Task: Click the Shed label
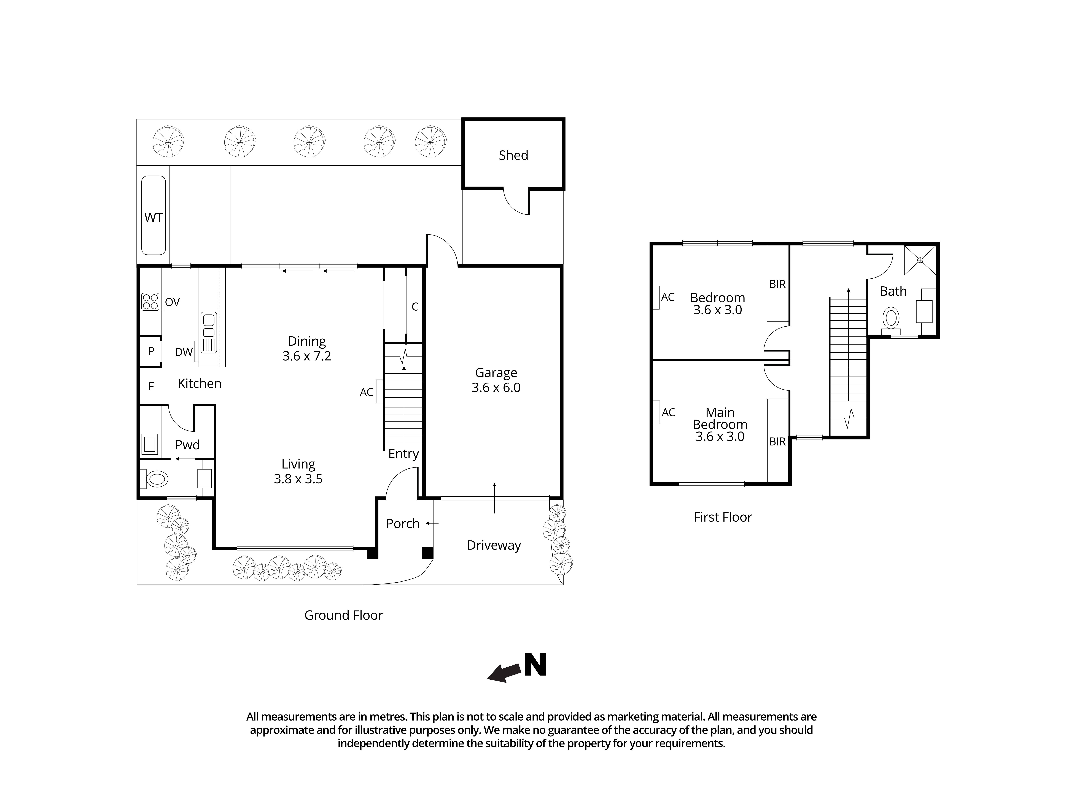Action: pyautogui.click(x=513, y=155)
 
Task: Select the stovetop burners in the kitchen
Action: pyautogui.click(x=150, y=302)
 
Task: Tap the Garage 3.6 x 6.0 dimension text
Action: pyautogui.click(x=496, y=388)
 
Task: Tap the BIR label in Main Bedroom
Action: pyautogui.click(x=777, y=442)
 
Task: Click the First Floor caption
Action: pyautogui.click(x=722, y=517)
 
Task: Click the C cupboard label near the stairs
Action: pyautogui.click(x=414, y=307)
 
